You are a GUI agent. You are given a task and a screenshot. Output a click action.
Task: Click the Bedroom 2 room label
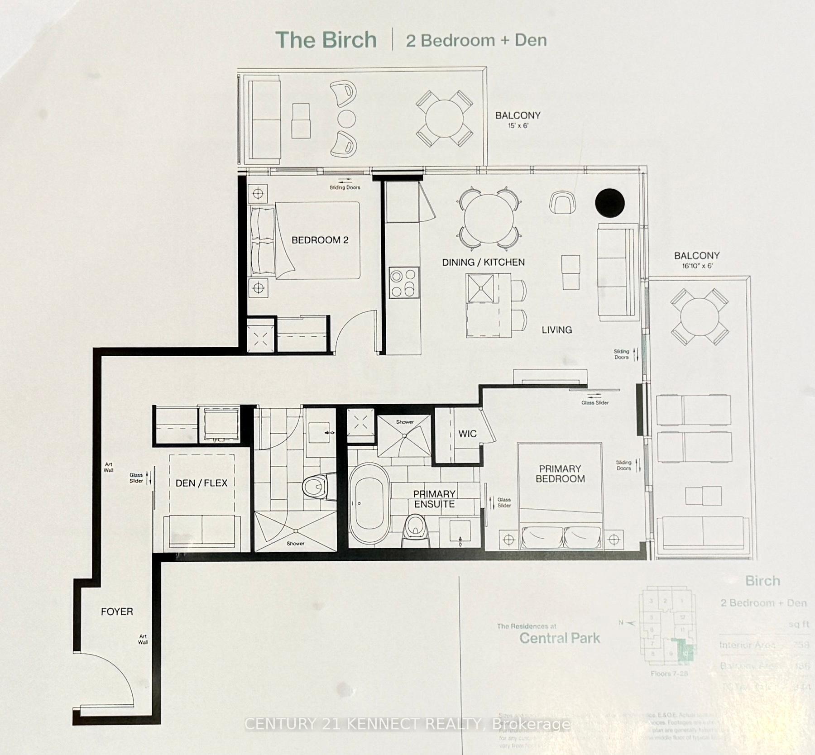click(x=320, y=240)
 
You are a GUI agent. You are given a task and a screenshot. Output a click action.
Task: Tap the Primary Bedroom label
click(x=560, y=473)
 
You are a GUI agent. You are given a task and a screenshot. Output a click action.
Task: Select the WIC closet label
click(x=467, y=434)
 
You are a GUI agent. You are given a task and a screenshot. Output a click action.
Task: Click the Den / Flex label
click(x=201, y=483)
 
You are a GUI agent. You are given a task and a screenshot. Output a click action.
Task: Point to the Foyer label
click(x=117, y=612)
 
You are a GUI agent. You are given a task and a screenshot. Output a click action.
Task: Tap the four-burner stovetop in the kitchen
click(x=403, y=283)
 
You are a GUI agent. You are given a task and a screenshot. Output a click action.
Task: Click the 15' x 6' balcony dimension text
click(x=518, y=125)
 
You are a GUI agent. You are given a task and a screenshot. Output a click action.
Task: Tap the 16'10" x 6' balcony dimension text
click(x=697, y=266)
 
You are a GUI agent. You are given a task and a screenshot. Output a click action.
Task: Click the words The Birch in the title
click(x=326, y=40)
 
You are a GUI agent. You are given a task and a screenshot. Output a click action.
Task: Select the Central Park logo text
click(x=560, y=638)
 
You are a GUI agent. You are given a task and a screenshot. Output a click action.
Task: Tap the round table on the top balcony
click(x=445, y=119)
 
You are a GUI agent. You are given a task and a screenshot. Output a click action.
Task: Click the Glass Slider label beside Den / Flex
click(x=136, y=478)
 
